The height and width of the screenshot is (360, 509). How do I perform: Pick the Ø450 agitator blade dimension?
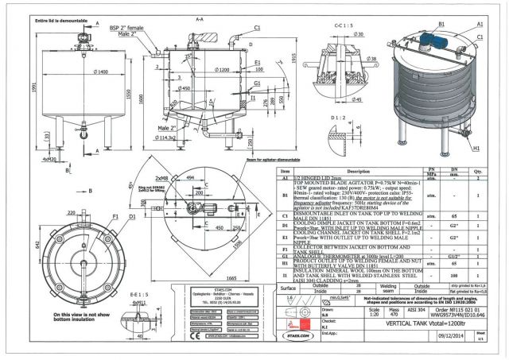pyautogui.click(x=185, y=90)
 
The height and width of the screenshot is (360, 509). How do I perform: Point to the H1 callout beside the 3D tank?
pyautogui.click(x=495, y=147)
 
